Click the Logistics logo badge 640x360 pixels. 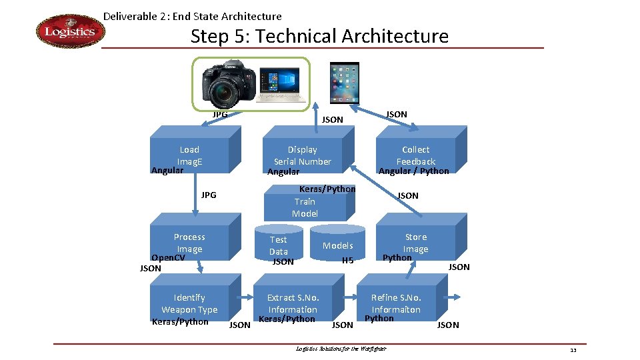pyautogui.click(x=69, y=31)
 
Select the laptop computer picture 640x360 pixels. pyautogui.click(x=280, y=83)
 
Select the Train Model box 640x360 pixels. pyautogui.click(x=305, y=202)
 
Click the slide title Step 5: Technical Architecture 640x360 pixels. pyautogui.click(x=319, y=36)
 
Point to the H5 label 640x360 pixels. pyautogui.click(x=347, y=261)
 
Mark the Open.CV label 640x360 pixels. pyautogui.click(x=168, y=257)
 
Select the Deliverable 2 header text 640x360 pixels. pyautogui.click(x=192, y=16)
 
